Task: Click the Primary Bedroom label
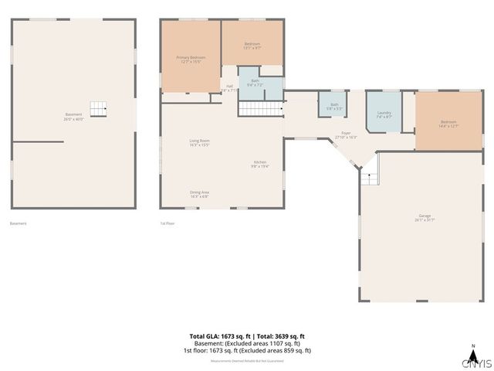191,60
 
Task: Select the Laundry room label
384,114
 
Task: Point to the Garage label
425,219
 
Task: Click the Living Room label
200,142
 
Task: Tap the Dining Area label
200,194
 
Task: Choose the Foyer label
347,134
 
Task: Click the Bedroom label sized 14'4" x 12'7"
448,123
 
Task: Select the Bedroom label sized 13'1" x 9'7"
252,46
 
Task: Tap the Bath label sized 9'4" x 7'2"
254,82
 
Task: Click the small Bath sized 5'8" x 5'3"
333,106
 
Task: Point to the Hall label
228,88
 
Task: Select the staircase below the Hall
254,109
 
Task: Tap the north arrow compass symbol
472,347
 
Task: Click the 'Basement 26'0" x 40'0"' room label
73,117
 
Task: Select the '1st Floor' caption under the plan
168,223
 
